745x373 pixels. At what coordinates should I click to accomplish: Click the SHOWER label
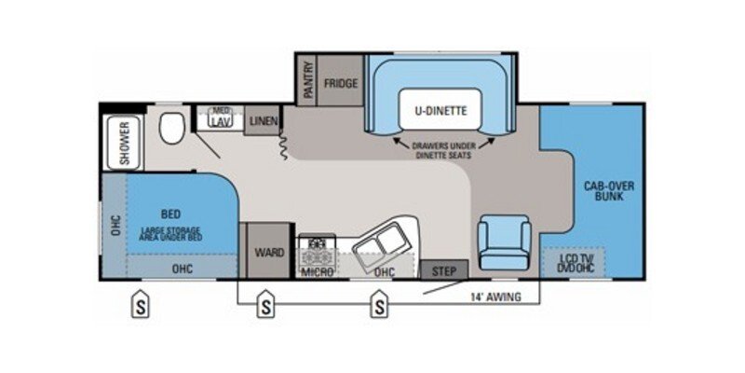coord(124,143)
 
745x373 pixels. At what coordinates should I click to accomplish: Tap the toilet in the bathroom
coord(169,129)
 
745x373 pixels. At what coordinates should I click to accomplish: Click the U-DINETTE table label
coord(440,110)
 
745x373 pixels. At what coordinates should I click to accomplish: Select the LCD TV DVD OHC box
coord(574,262)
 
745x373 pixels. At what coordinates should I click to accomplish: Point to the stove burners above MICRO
coord(318,249)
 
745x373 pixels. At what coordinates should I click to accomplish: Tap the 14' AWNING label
coord(494,297)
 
